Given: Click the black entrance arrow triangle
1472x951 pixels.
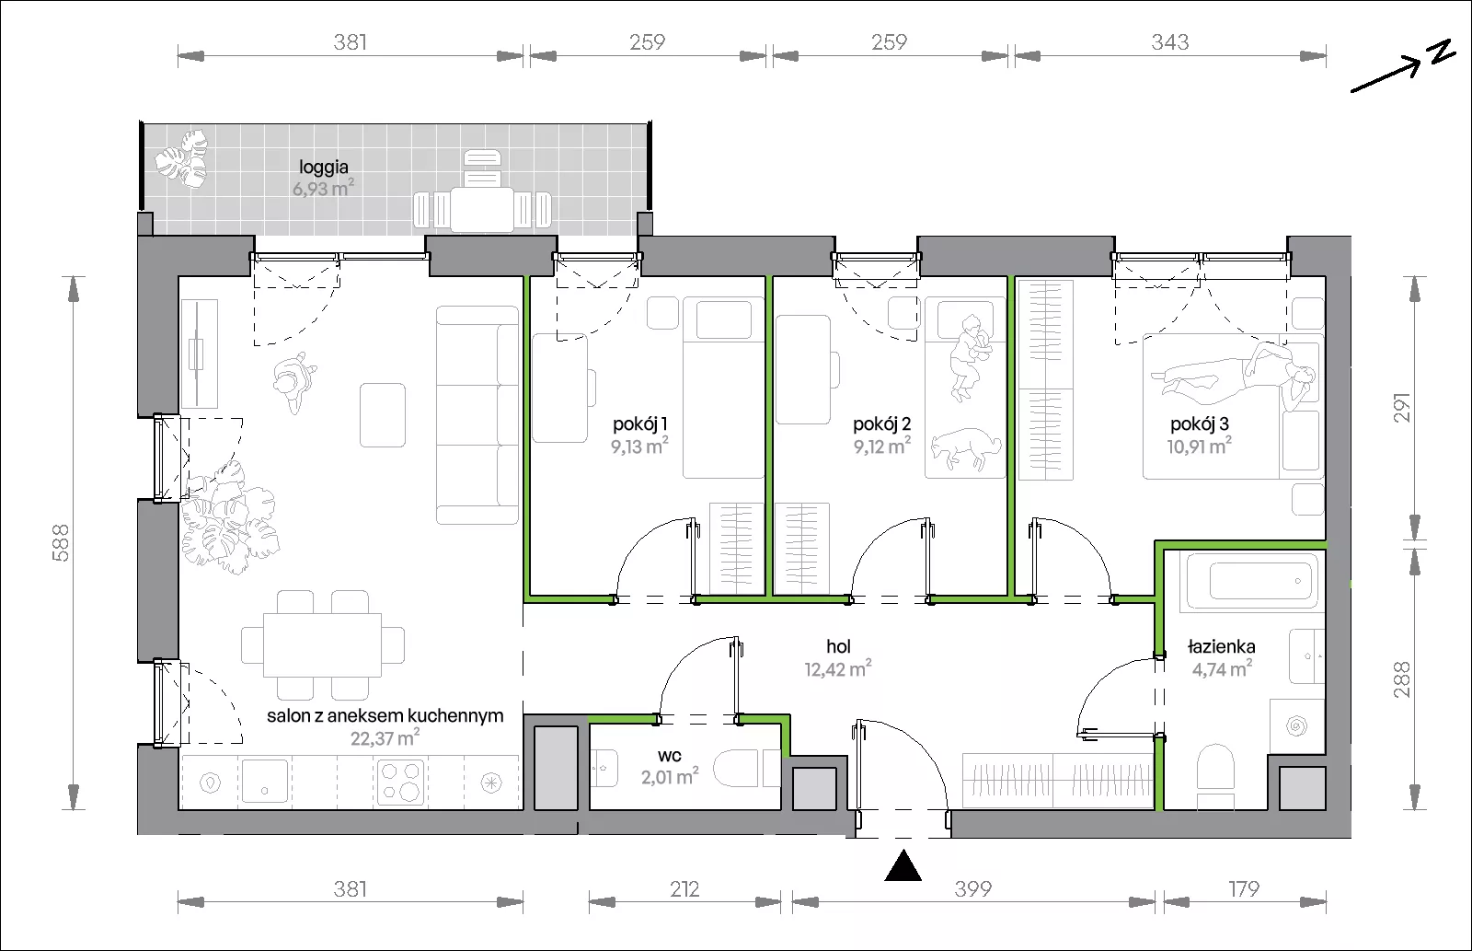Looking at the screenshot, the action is point(903,865).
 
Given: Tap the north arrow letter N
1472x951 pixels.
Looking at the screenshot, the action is point(1443,52).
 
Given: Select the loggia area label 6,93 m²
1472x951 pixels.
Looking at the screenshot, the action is point(323,189).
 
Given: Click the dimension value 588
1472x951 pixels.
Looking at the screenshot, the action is point(61,542).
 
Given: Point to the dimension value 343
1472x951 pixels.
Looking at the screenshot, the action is point(1169,42).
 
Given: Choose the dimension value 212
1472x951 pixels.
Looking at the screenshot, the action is point(684,889).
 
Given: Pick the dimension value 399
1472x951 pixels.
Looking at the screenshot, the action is point(972,889).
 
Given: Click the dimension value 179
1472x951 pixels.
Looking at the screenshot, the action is point(1243,889).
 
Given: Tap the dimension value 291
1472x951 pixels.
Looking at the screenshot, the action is point(1402,408).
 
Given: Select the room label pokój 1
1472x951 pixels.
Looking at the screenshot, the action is point(640,424).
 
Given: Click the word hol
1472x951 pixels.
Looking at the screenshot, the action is point(838,646).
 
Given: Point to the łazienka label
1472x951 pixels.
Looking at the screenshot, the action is point(1222,646).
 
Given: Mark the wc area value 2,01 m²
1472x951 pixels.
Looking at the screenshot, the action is point(670,777).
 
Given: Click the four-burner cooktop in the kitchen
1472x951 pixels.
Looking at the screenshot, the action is point(400,782).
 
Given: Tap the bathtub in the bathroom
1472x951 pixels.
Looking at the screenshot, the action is point(1252,582).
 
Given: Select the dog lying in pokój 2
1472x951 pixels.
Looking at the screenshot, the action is point(966,449).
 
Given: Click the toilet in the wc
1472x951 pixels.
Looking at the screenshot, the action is point(746,768).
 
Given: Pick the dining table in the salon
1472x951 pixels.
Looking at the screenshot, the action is point(322,645).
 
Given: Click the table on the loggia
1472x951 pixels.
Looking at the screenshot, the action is point(482,209).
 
